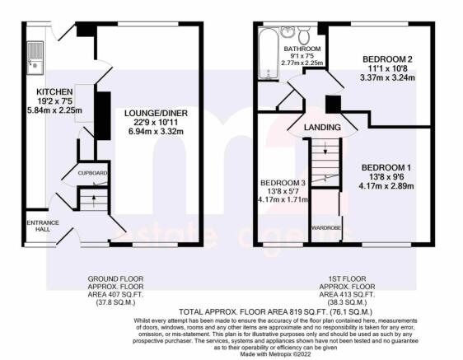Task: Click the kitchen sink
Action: point(35,58)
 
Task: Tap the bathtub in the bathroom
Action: point(268,54)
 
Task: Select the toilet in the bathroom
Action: point(303,35)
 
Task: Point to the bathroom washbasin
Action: point(287,32)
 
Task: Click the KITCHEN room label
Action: point(54,91)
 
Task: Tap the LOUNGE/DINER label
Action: point(156,113)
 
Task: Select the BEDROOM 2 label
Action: point(387,59)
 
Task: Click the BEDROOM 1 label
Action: point(386,168)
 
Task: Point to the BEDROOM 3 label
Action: point(283,183)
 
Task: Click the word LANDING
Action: point(322,128)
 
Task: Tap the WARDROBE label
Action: point(326,228)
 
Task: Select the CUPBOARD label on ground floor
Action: point(92,173)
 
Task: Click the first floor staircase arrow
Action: point(325,147)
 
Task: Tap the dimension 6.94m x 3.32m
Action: point(156,132)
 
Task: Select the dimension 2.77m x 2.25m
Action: point(302,63)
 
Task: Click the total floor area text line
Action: point(275,312)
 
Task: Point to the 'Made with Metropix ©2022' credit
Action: point(275,353)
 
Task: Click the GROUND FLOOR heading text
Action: point(115,278)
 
